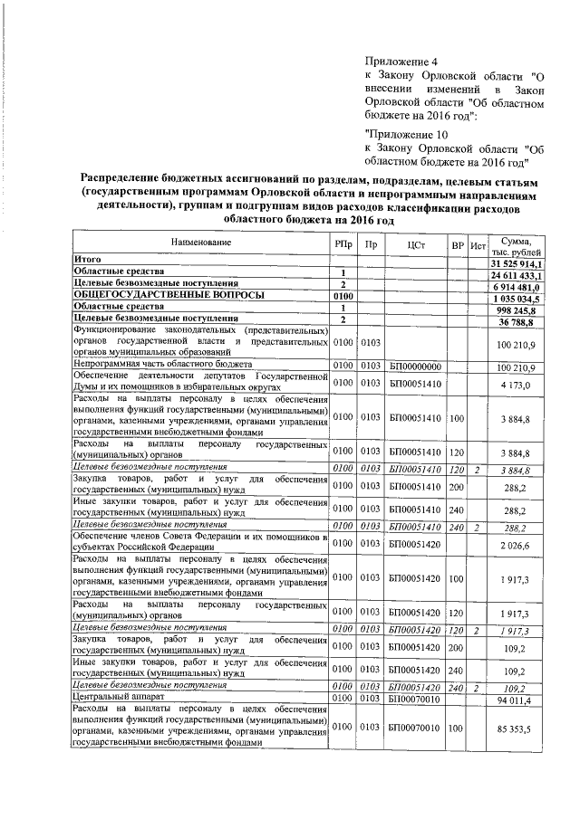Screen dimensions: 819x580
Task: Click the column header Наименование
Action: [x=199, y=243]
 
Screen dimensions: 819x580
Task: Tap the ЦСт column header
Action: [x=416, y=244]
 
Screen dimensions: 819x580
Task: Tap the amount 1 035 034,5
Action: [x=517, y=297]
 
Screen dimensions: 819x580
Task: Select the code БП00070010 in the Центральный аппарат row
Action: [x=415, y=699]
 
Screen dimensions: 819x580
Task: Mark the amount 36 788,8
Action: [x=522, y=320]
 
